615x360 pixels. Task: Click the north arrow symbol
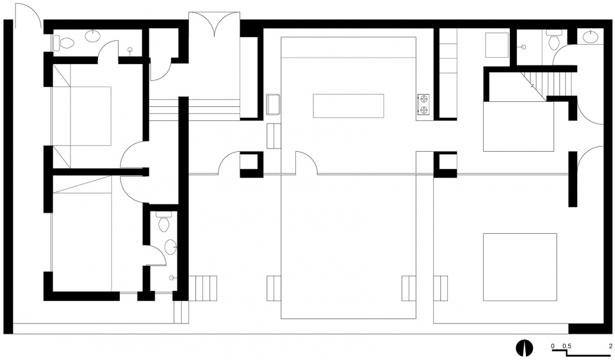click(525, 348)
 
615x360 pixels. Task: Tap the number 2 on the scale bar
click(611, 346)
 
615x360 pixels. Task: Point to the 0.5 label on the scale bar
click(567, 346)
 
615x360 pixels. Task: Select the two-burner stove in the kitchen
click(423, 104)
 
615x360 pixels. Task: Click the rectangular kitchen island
click(348, 106)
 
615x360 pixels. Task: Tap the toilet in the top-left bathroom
click(63, 43)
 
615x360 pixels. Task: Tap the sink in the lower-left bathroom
click(170, 247)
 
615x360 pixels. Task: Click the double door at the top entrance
click(215, 24)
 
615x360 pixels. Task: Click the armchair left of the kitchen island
click(273, 104)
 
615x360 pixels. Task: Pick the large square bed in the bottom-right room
click(520, 267)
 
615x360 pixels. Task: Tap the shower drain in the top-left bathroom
click(130, 50)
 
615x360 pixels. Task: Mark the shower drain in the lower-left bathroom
click(172, 278)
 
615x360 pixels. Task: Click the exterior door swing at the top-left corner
click(28, 15)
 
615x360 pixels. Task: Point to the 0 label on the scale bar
click(553, 346)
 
